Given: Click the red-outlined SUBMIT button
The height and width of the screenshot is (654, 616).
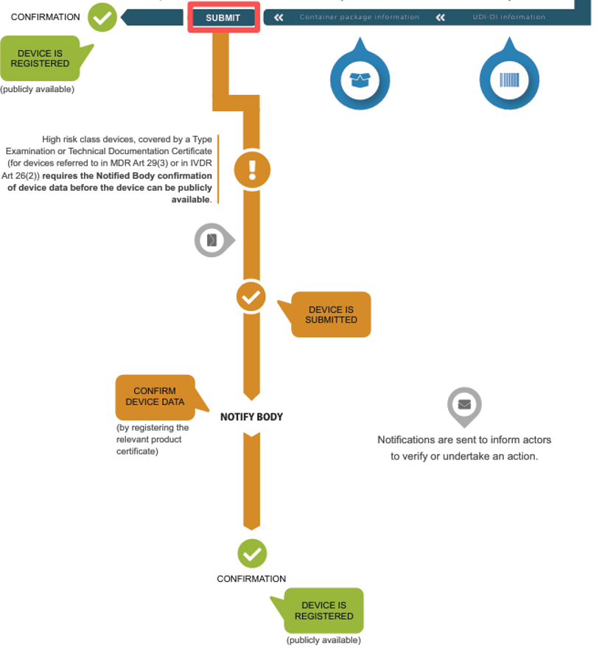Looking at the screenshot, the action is pos(223,18).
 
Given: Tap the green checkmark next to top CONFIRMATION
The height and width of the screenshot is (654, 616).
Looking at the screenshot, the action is pos(102,17).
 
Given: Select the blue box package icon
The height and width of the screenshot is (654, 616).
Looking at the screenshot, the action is pos(360,80).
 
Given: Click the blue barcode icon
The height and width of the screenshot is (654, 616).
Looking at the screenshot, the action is pos(509,80).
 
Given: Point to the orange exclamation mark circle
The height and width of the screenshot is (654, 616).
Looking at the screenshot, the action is pos(252,169).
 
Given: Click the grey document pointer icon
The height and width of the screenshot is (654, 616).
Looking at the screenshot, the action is pos(214,240).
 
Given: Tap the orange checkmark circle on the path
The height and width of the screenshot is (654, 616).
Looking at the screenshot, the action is pos(251,297).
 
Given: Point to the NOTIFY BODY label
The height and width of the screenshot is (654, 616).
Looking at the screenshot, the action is pos(252,417).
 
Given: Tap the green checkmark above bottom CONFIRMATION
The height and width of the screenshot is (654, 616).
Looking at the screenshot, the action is pos(252,554).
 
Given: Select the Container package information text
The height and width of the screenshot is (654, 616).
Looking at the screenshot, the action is pos(360,17).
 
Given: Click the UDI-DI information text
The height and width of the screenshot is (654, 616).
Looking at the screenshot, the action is pos(508,17).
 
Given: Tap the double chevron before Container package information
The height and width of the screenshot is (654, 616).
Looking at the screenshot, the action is pos(279,18).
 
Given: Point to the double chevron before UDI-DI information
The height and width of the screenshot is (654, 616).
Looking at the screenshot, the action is pos(441,18).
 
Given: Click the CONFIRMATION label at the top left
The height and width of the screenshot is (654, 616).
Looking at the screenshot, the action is pos(46,17).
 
